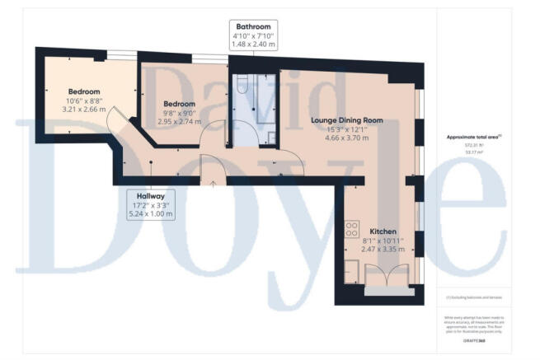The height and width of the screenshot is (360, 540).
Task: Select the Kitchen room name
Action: tap(385, 231)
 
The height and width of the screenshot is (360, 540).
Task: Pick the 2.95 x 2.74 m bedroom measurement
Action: tap(180, 121)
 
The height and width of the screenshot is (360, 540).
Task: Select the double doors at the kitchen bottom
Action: tap(385, 277)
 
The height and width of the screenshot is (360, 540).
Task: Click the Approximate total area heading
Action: tap(472, 137)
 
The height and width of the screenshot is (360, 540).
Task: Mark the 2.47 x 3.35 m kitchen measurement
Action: tap(385, 250)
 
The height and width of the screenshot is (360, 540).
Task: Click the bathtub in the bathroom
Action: tap(265, 107)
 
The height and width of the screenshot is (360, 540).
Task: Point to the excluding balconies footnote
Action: tap(472, 294)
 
